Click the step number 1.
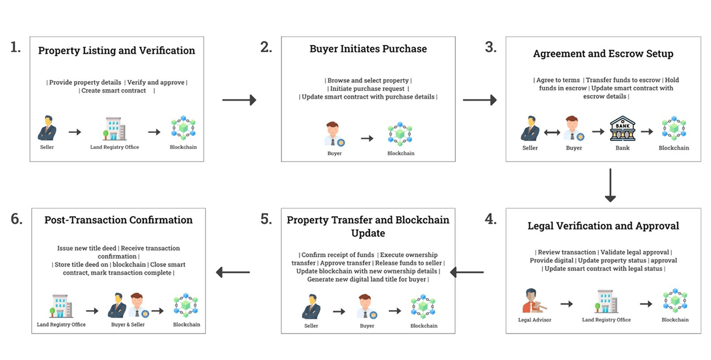pos(16,47)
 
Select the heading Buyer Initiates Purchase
pos(368,49)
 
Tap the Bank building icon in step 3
pos(622,128)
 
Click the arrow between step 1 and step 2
pos(239,100)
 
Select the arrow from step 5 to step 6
pos(232,271)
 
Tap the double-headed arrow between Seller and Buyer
pos(552,132)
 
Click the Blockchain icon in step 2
pos(400,133)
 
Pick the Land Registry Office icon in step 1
pos(115,129)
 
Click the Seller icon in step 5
pos(311,307)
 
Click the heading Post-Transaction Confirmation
pos(118,220)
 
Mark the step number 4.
pos(491,220)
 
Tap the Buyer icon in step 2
pos(334,133)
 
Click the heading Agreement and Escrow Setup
pos(603,53)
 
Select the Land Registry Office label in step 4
pos(606,320)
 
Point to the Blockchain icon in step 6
pos(185,305)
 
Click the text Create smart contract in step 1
pos(114,91)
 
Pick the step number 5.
pos(266,220)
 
